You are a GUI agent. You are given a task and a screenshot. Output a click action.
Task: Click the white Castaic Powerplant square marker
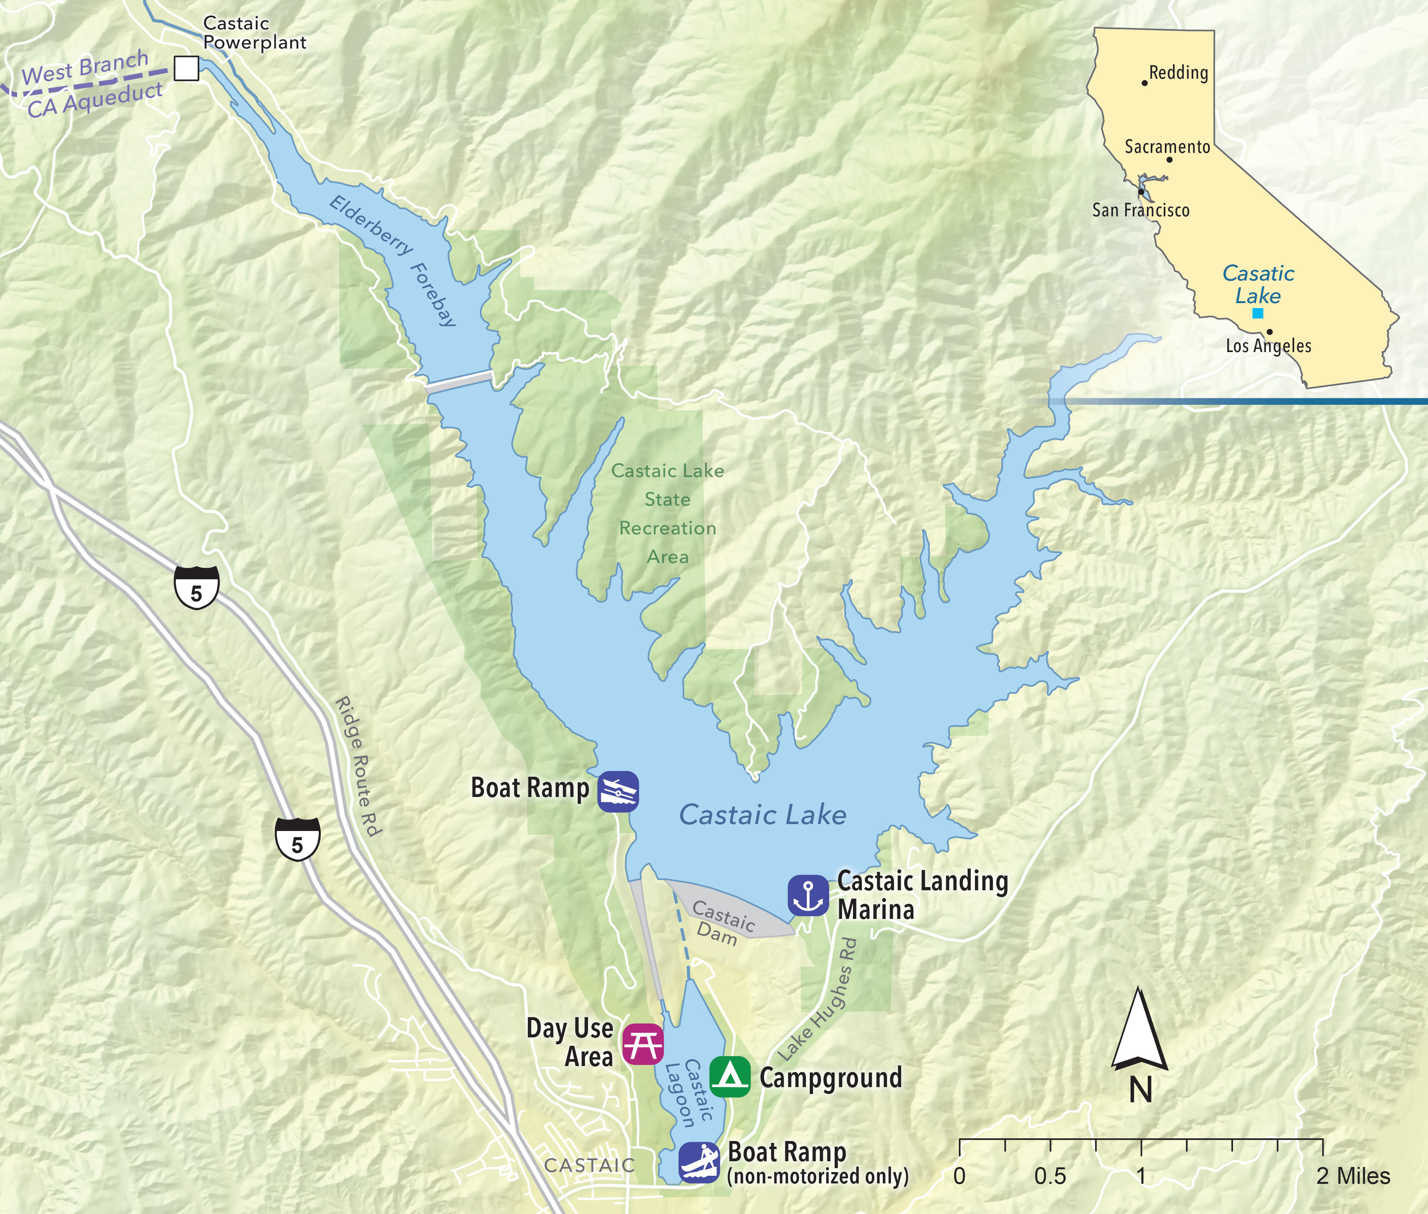click(x=186, y=68)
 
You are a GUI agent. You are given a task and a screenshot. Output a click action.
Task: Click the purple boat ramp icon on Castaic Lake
click(x=617, y=792)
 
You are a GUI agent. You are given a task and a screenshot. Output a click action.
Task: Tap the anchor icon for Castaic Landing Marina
click(x=808, y=895)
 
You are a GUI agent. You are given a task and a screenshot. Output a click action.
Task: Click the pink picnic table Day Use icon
click(x=643, y=1044)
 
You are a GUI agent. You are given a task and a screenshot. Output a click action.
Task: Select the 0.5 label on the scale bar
click(x=1050, y=1175)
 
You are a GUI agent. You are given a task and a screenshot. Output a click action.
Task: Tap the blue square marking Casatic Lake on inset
click(x=1257, y=313)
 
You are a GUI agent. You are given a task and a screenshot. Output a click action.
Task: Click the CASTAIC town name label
click(x=589, y=1165)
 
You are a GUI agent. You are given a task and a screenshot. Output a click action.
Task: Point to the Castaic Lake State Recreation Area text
click(x=668, y=513)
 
